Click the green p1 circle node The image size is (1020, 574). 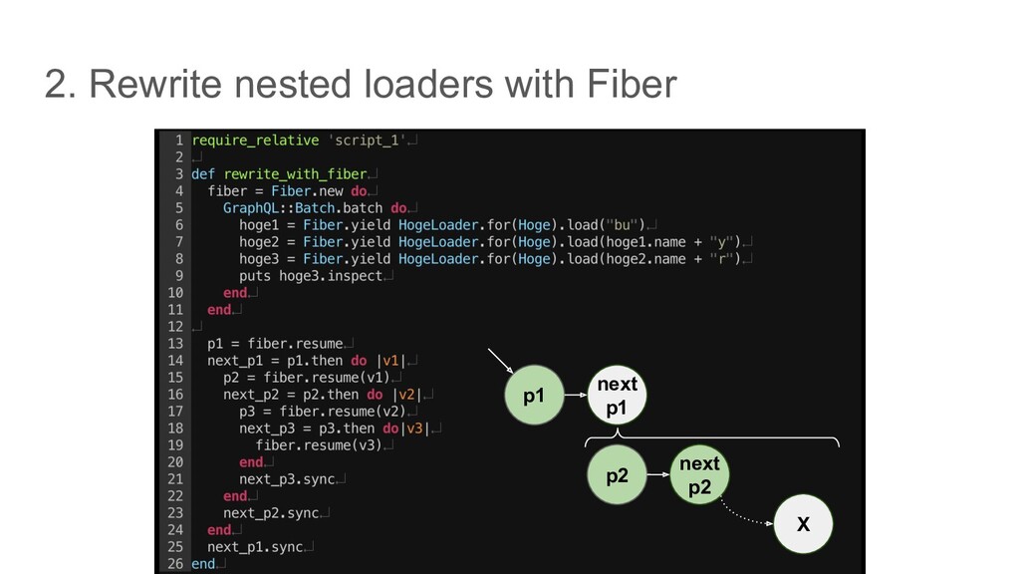[x=535, y=396]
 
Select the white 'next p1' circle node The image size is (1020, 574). [x=617, y=396]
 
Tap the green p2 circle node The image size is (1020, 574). [x=618, y=475]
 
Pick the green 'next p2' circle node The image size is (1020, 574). [x=699, y=475]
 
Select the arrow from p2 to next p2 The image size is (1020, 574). [x=657, y=475]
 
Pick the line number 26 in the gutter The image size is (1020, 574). [x=174, y=564]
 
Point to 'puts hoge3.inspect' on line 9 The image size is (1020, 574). [x=311, y=276]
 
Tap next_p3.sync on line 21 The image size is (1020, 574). [x=286, y=479]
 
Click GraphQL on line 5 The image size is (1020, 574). [x=255, y=208]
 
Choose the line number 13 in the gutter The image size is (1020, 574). [x=174, y=344]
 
